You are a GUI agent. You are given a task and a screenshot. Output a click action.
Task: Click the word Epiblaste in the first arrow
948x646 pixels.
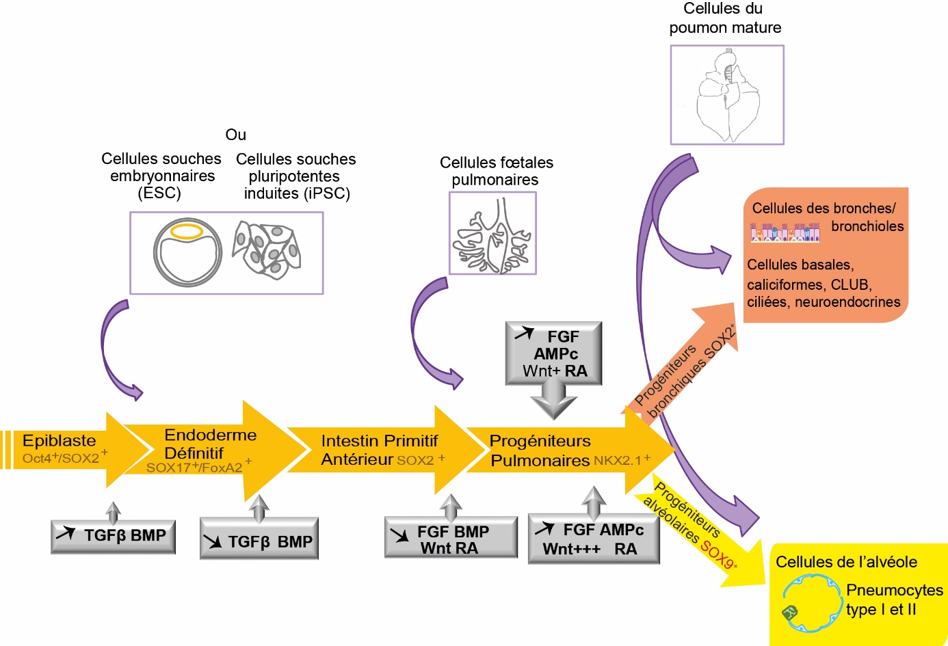coord(60,441)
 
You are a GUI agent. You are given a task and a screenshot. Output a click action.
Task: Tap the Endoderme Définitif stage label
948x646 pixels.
coord(205,444)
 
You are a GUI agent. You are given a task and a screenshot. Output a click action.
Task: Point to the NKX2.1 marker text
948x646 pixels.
coord(618,461)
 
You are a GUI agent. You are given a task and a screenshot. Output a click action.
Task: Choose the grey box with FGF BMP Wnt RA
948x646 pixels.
coord(451,539)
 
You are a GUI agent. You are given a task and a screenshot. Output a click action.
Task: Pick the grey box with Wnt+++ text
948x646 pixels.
coord(594,540)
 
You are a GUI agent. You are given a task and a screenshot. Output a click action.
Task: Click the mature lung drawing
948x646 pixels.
coord(726,96)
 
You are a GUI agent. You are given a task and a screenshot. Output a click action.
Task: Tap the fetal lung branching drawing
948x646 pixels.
coord(492,234)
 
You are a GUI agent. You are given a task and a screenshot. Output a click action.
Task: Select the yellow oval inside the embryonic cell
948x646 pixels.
coord(186,232)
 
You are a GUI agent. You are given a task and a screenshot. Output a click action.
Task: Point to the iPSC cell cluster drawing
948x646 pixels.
coord(267,249)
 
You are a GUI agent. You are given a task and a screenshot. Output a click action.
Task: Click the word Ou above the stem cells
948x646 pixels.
coord(235,135)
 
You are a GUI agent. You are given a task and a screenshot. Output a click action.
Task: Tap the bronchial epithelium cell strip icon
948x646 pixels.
coord(785,232)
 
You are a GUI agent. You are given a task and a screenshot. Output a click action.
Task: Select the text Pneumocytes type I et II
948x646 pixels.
coord(893,600)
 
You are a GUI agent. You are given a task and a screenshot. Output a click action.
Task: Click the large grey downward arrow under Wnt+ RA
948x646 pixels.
coord(553,399)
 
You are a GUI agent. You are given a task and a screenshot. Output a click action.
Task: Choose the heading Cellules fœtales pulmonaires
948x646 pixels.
coord(496,171)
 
